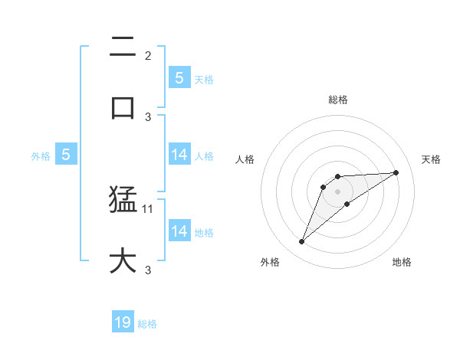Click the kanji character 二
tap(123, 47)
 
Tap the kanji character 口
tap(123, 107)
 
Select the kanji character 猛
tap(123, 201)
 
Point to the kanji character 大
tap(123, 260)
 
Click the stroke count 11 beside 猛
tap(148, 208)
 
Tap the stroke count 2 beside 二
tap(148, 55)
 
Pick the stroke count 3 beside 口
tap(148, 116)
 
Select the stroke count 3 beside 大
tap(148, 270)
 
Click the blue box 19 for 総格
tap(123, 322)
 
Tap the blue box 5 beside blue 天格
tap(179, 77)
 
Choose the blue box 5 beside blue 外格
tap(66, 155)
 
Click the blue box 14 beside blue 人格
tap(179, 155)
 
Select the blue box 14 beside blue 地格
tap(179, 231)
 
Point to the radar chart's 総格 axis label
tap(338, 100)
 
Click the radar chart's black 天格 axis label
tap(432, 159)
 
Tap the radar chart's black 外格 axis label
tap(270, 262)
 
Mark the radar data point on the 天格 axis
tap(396, 172)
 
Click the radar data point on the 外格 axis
tap(302, 242)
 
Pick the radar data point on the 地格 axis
tap(347, 204)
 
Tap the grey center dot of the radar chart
tap(338, 191)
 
